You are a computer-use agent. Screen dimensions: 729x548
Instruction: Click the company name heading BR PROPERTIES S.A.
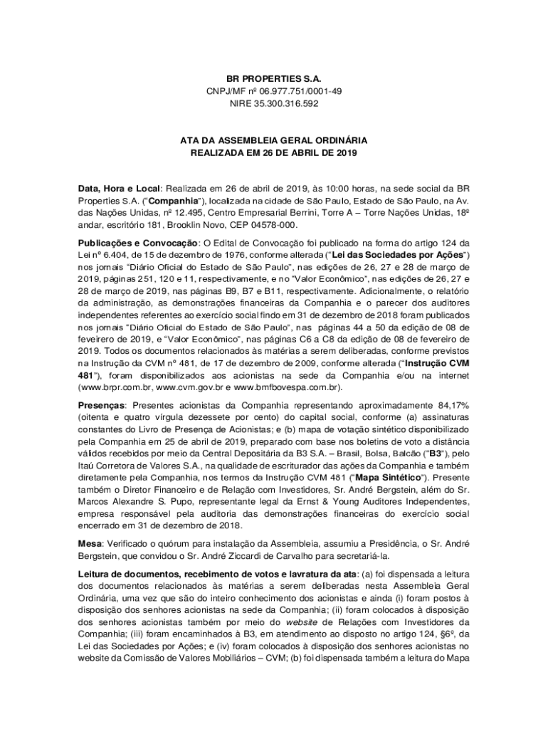click(274, 78)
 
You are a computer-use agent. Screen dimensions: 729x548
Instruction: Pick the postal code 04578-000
click(263, 225)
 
